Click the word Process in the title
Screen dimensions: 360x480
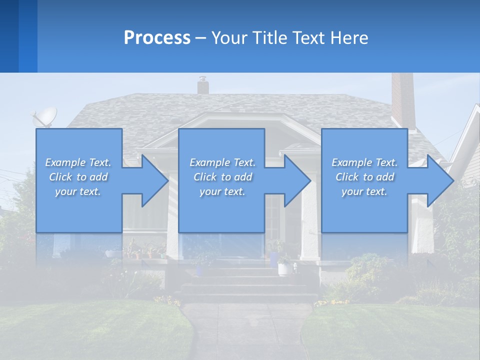pos(157,38)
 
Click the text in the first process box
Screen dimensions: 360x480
pos(78,177)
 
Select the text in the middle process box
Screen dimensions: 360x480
pos(222,177)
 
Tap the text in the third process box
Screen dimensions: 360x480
pos(364,177)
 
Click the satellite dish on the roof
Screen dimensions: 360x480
pos(44,117)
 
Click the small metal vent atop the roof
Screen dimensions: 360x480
pos(202,85)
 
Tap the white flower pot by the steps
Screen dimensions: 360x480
pos(285,268)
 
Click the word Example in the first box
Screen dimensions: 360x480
pos(65,162)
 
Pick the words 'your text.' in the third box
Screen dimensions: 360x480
pos(364,191)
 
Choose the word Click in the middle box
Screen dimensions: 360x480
pos(204,177)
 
